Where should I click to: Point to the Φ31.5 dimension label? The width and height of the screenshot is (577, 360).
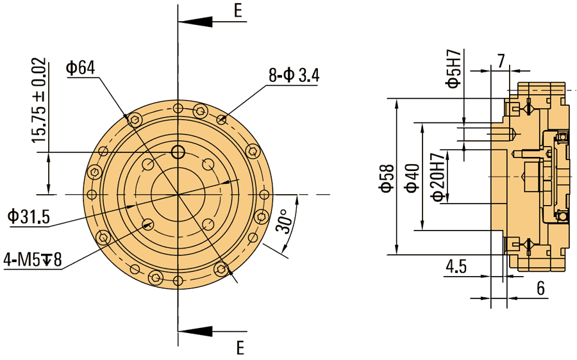click(28, 217)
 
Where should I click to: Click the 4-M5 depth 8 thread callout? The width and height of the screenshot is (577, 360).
click(32, 260)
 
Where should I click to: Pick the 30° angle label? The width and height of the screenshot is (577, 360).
click(287, 220)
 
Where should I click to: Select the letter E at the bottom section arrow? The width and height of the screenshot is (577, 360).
click(240, 348)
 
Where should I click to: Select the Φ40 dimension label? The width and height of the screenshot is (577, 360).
click(412, 177)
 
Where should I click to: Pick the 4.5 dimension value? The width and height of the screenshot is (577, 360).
click(456, 266)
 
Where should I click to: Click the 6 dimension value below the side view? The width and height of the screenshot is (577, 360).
click(540, 289)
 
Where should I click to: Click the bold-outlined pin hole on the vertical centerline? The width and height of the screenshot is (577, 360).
click(178, 152)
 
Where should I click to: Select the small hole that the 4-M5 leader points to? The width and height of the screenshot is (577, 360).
click(148, 224)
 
